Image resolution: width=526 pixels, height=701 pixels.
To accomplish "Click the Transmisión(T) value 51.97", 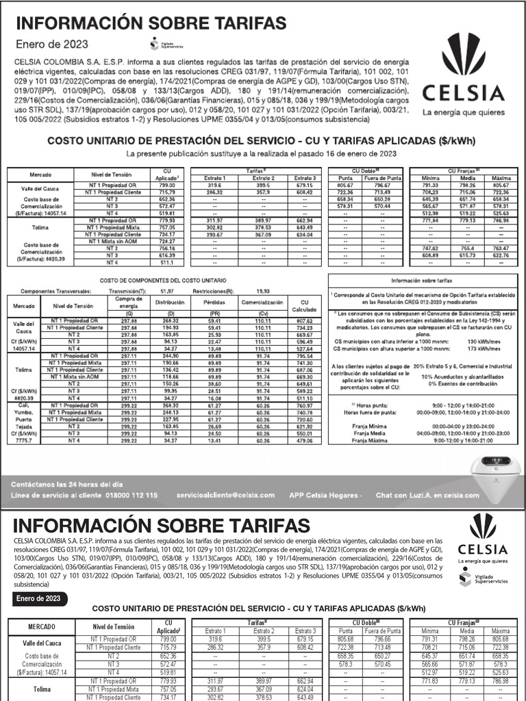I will [166, 291].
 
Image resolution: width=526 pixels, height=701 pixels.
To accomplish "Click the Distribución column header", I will [170, 301].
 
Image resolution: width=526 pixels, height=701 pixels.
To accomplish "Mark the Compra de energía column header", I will [129, 301].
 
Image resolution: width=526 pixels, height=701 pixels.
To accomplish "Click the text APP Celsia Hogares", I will [325, 495].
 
